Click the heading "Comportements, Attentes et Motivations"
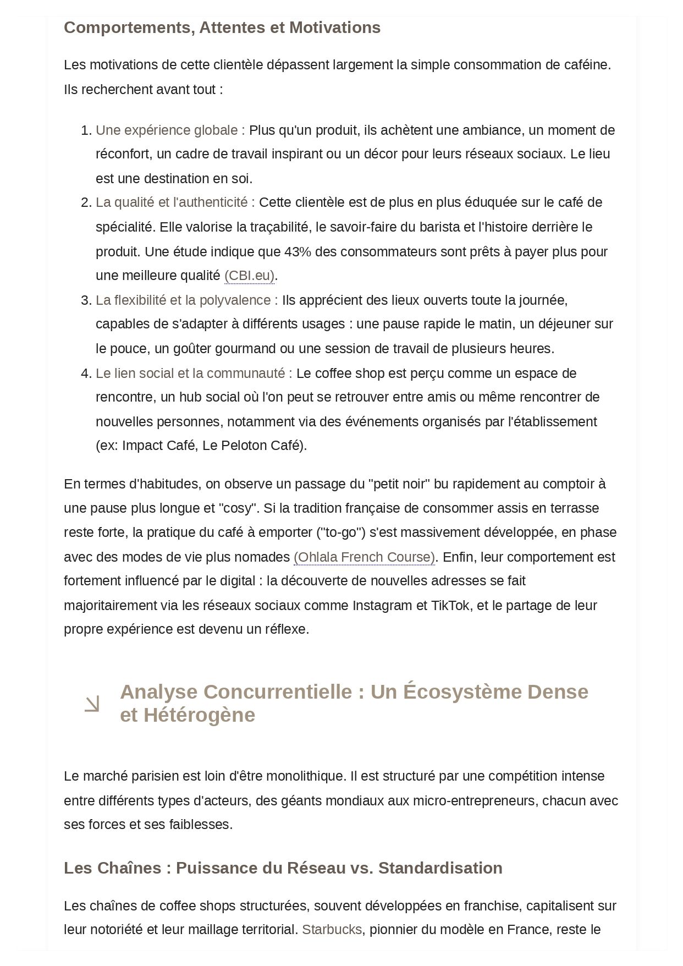point(222,28)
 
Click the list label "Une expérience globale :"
point(170,130)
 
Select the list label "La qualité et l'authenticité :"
point(175,202)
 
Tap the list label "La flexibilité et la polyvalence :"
point(186,300)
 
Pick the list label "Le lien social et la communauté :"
point(194,374)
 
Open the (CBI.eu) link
point(249,276)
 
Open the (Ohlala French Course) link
point(364,557)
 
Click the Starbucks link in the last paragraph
point(332,930)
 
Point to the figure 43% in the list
point(298,252)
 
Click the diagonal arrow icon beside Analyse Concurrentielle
point(92,704)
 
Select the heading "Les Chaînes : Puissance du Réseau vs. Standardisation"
point(283,868)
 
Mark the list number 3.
point(85,300)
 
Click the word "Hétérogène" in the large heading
point(200,715)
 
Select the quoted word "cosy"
point(239,508)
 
